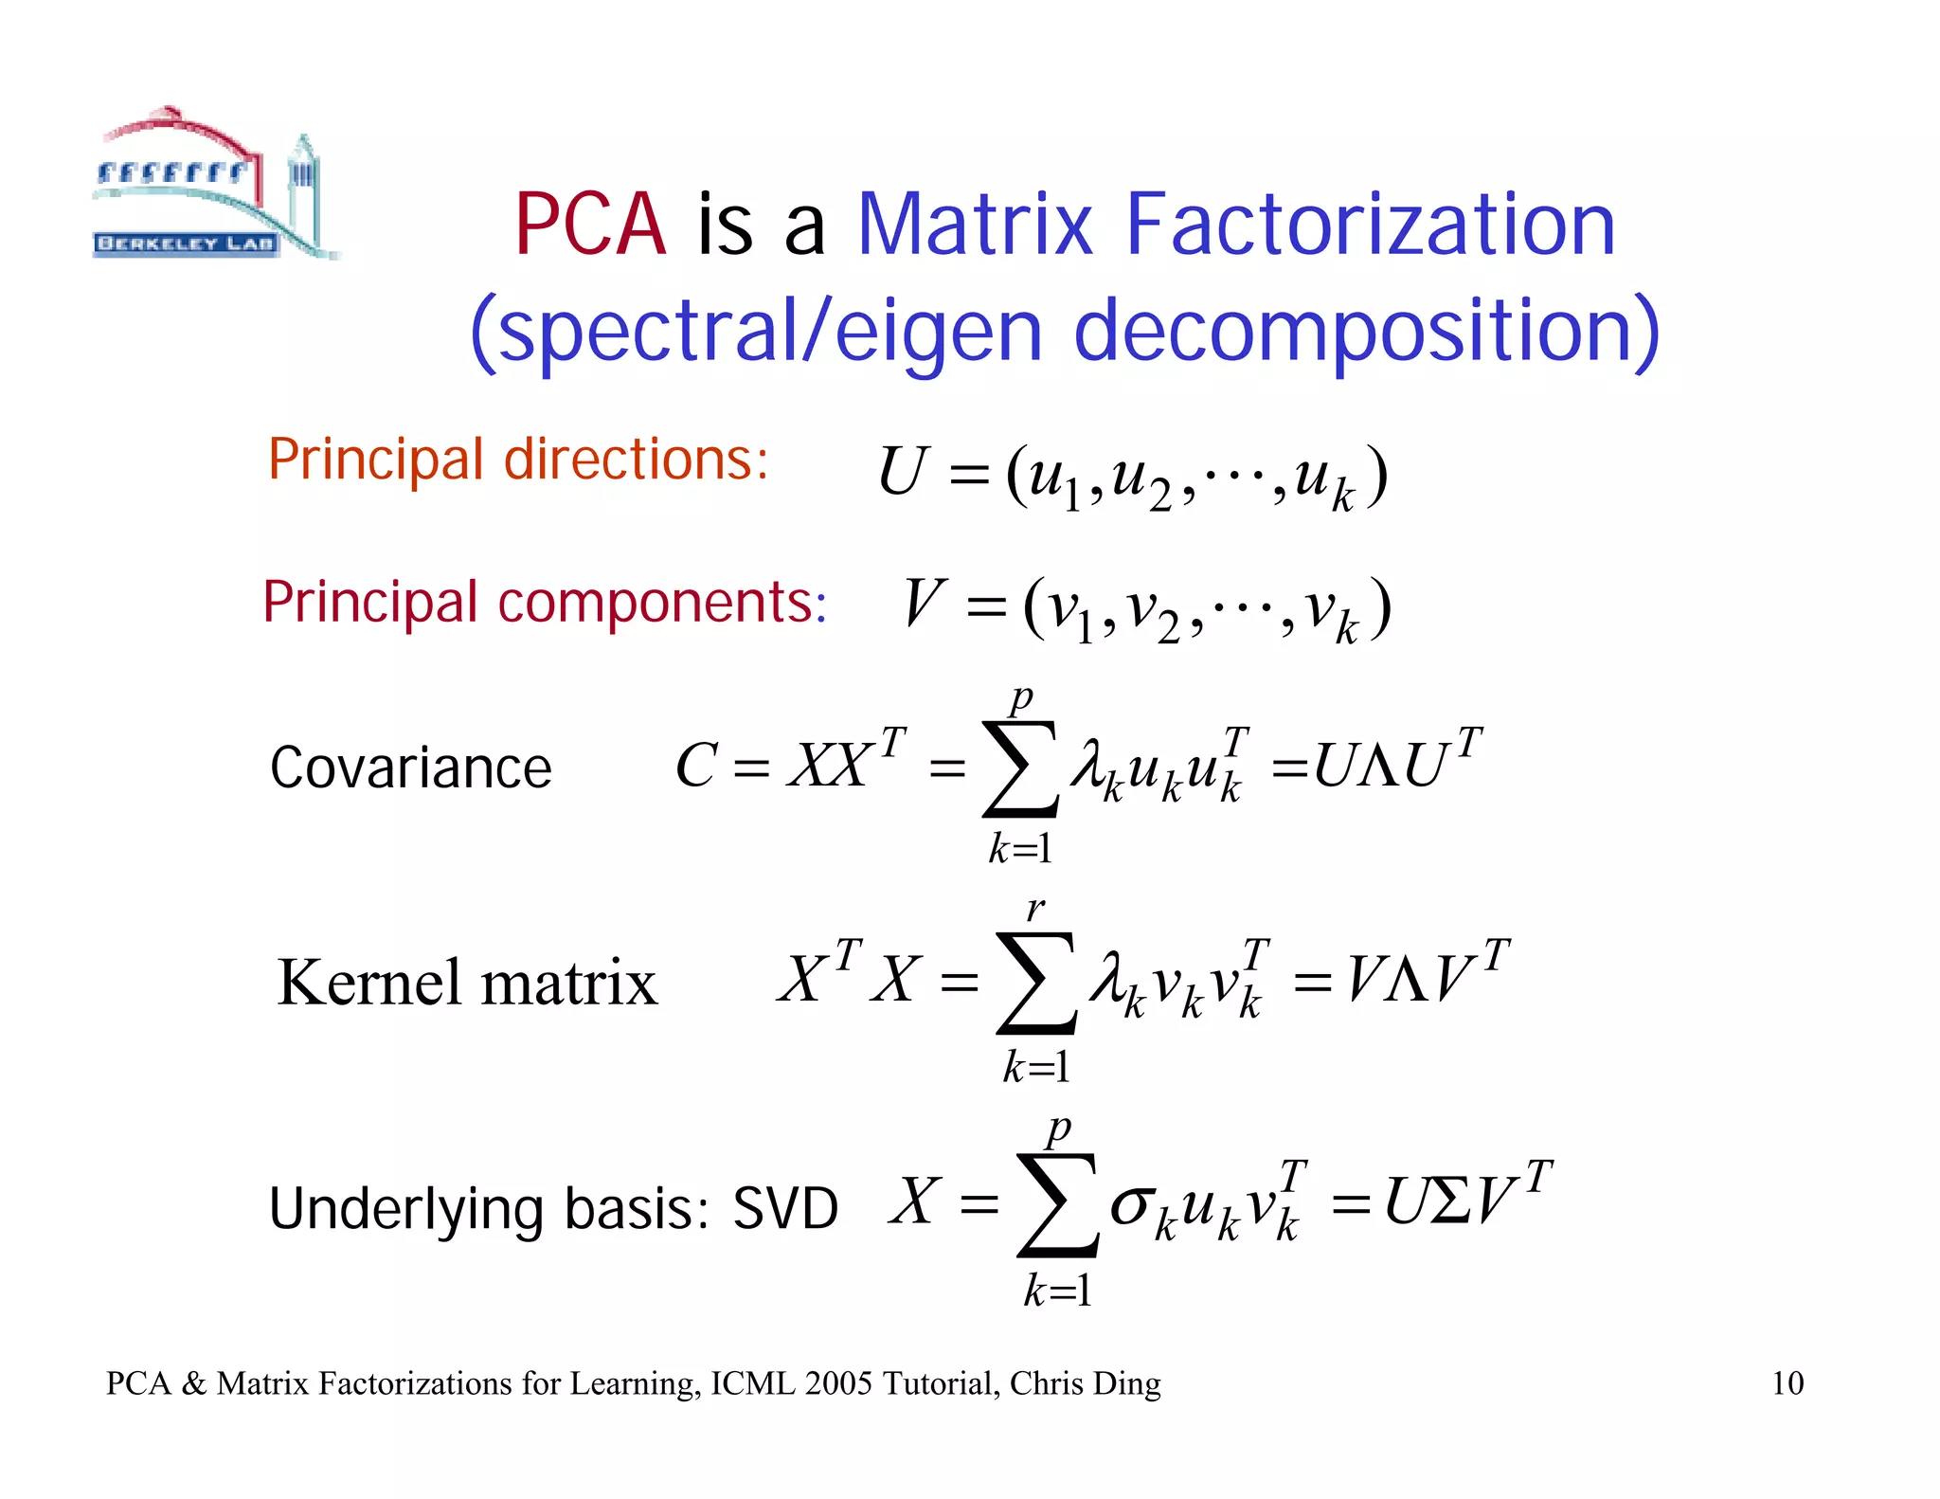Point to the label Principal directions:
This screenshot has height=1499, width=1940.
[517, 460]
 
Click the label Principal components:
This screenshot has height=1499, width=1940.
[545, 602]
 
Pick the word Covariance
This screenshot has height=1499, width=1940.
[410, 768]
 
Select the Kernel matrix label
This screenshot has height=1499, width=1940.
[467, 983]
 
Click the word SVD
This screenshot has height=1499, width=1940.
[785, 1209]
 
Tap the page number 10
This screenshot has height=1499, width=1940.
[1787, 1383]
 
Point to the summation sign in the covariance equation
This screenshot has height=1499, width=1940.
[1020, 769]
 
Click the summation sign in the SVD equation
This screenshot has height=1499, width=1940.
[1057, 1205]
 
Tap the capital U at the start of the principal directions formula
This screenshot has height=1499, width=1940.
[902, 472]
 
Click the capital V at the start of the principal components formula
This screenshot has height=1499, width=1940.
[924, 604]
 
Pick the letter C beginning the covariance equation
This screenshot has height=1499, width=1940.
[696, 766]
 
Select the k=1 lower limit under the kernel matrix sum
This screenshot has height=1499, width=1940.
[1036, 1068]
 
